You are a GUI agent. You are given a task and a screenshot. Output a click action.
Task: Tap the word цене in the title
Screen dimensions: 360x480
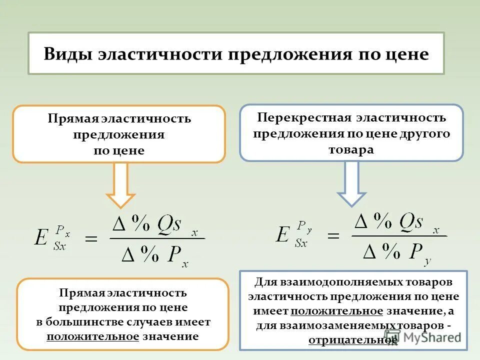(406, 54)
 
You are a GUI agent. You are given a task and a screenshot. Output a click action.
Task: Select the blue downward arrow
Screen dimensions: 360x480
(351, 183)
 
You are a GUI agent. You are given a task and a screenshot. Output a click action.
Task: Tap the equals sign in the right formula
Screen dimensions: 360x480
(333, 235)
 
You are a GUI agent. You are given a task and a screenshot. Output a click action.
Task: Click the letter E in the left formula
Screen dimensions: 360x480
(41, 237)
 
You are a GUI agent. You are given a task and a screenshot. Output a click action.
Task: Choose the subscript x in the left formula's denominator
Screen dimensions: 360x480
(185, 264)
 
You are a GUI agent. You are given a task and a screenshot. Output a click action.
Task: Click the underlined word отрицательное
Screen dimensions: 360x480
(352, 340)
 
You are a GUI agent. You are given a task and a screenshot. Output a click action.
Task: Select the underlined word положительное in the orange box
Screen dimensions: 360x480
(93, 336)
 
